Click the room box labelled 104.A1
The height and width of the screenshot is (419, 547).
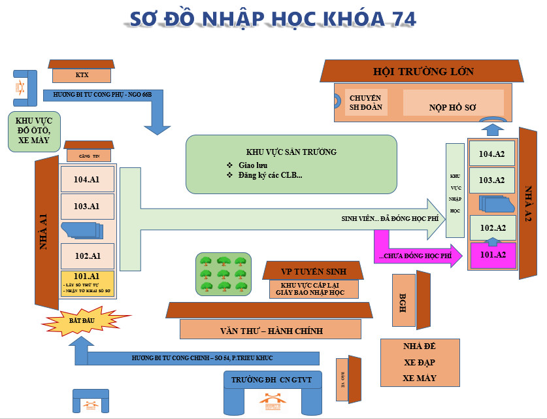86,178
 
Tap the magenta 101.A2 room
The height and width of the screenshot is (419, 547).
493,254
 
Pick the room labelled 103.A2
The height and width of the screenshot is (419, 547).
493,180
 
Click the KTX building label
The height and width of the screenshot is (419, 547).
82,75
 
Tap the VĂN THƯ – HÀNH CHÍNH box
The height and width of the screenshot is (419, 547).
271,330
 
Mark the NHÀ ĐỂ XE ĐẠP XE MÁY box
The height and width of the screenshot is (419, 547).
420,362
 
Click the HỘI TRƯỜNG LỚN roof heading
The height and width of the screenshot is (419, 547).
423,71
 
